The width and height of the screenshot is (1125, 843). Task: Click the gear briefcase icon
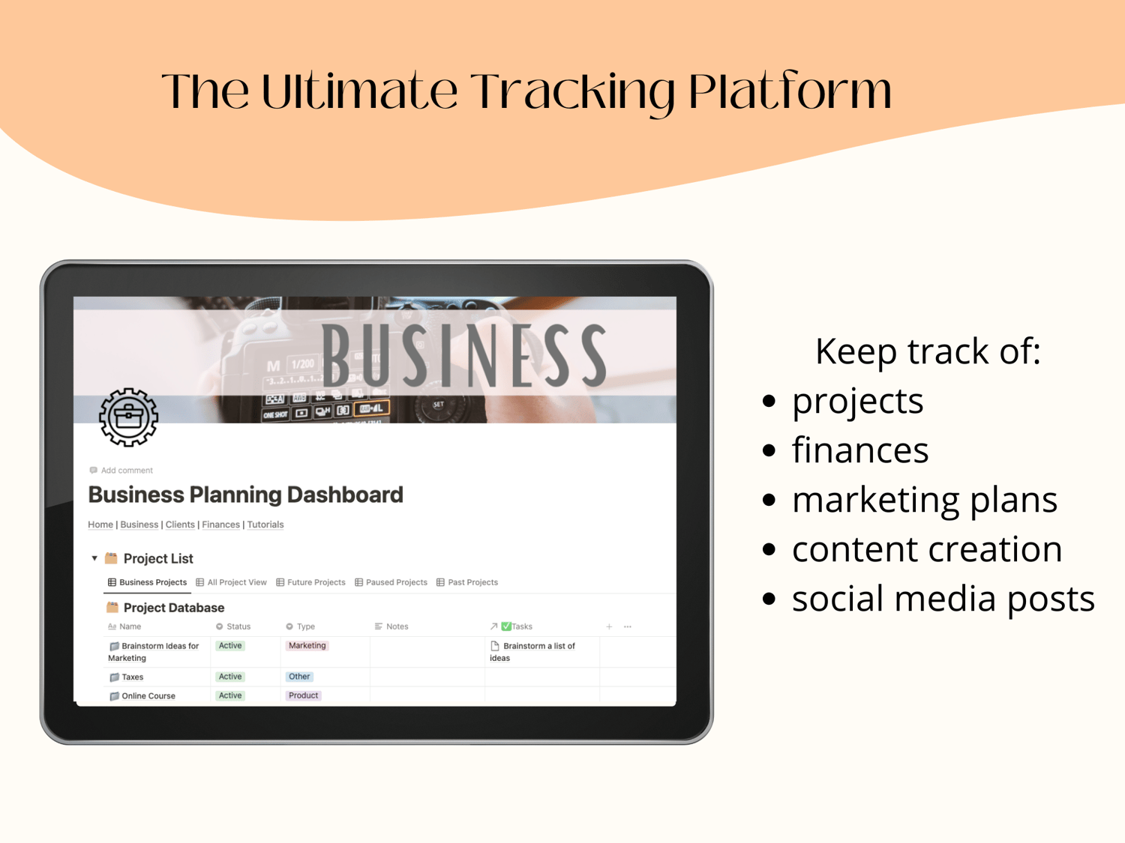tap(129, 417)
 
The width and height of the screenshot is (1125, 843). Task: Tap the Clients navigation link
tap(180, 524)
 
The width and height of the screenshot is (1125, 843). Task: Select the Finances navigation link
tap(221, 524)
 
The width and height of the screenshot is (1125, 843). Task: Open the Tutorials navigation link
tap(265, 524)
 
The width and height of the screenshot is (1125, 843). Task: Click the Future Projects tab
tap(310, 582)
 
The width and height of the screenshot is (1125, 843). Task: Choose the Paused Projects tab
tap(391, 582)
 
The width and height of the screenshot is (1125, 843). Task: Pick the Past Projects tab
tap(467, 582)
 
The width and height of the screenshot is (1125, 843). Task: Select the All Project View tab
tap(231, 582)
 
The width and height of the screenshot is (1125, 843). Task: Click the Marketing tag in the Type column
tap(307, 645)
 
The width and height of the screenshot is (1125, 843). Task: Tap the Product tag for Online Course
tap(303, 695)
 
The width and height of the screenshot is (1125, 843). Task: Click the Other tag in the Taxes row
tap(298, 676)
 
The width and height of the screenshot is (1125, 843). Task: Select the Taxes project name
tap(132, 677)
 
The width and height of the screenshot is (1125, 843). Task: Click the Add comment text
tap(127, 470)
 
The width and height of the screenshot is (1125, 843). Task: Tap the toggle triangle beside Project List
tap(94, 558)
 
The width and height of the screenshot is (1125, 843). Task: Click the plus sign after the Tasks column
tap(609, 626)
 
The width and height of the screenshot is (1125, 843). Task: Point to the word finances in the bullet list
tap(860, 450)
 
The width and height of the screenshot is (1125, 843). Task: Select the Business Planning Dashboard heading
tap(245, 495)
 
